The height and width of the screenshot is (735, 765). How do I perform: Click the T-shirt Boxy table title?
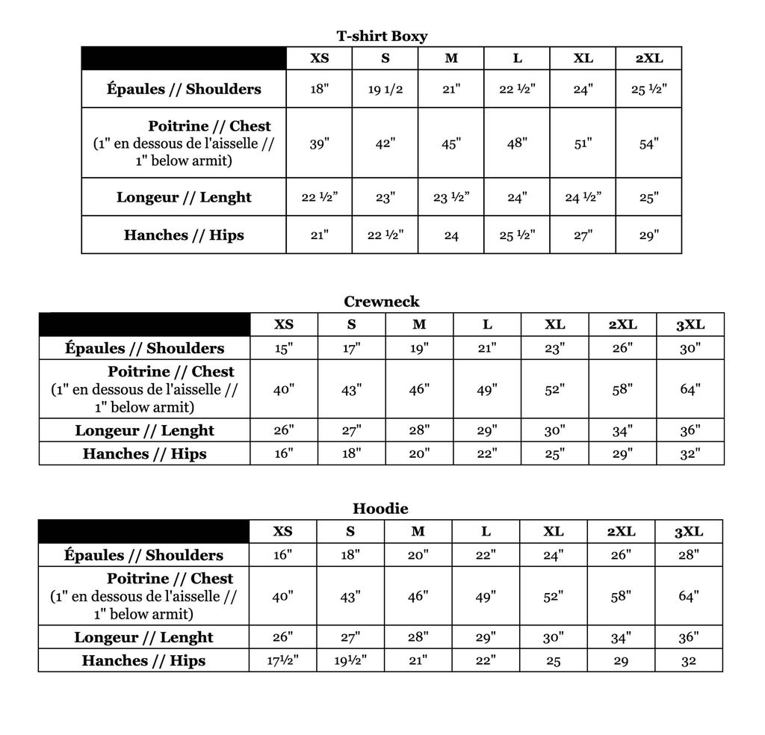click(382, 36)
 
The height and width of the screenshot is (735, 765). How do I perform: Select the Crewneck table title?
click(382, 302)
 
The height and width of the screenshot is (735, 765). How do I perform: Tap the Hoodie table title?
click(381, 509)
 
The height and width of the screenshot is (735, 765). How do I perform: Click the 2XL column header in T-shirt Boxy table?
click(648, 58)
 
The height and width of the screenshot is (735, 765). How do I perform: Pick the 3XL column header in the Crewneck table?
click(690, 324)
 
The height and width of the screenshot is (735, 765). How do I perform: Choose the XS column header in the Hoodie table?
click(282, 531)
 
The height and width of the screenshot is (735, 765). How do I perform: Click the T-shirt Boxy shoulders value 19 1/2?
click(385, 90)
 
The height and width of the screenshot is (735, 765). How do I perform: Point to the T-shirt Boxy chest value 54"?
click(648, 143)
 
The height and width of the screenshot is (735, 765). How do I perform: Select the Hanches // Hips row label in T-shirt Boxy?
click(184, 235)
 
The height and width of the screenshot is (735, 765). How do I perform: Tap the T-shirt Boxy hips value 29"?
click(648, 235)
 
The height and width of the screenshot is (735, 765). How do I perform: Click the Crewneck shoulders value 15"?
click(283, 348)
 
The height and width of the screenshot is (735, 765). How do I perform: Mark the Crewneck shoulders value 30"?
click(690, 348)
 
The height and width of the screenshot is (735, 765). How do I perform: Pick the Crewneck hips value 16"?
click(283, 453)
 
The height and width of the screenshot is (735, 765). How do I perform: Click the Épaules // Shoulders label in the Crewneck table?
click(144, 348)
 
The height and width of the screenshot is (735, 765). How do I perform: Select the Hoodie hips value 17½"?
click(282, 661)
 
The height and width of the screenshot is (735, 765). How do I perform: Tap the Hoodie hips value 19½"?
click(350, 661)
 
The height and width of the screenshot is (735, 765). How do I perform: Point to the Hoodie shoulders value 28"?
click(689, 555)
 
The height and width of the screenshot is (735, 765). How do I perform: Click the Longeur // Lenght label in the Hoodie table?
click(143, 638)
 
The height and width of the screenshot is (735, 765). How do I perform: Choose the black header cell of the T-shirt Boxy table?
click(184, 58)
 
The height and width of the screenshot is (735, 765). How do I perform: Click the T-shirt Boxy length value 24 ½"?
click(583, 197)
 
